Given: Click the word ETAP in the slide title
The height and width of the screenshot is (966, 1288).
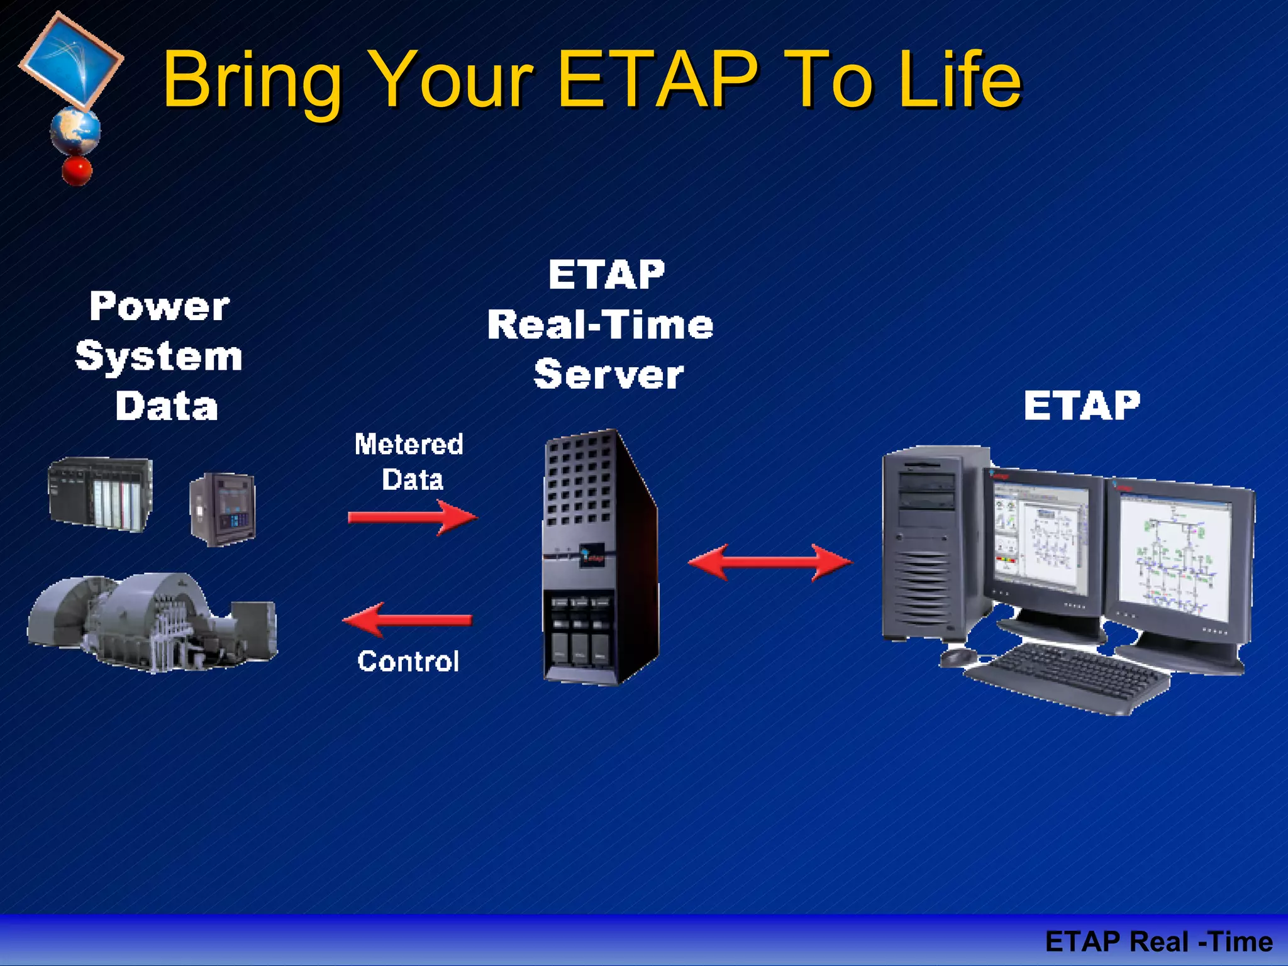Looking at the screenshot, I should (657, 80).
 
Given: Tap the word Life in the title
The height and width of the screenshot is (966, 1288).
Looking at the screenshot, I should (958, 80).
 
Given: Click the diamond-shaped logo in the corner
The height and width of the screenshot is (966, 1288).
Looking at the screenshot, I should (70, 60).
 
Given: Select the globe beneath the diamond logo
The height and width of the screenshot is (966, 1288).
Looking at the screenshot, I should (75, 131).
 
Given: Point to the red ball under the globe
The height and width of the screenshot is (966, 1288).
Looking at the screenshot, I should (77, 170).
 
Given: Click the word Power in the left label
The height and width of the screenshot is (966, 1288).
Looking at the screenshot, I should (159, 307).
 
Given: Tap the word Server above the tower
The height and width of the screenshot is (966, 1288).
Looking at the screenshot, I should (608, 375).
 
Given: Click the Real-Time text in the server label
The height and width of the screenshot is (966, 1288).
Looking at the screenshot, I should (600, 325).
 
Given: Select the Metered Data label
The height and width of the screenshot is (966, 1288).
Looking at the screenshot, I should (409, 462).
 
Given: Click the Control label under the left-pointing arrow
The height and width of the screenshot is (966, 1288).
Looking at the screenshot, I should (408, 661).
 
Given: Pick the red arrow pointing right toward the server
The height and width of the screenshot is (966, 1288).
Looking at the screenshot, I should (413, 518).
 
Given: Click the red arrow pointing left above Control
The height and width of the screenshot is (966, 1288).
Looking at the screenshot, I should (408, 619).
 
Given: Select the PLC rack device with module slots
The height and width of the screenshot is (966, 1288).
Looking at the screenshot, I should (101, 494).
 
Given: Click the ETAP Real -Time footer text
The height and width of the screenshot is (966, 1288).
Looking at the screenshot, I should (1158, 941).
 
